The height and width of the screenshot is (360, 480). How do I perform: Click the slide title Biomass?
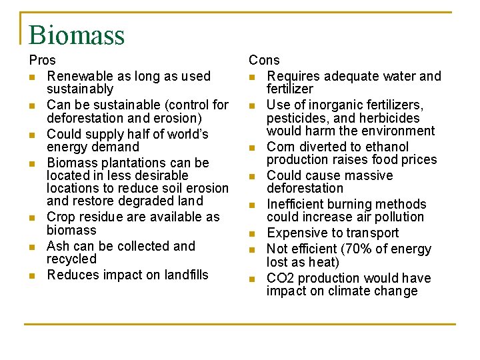[x=77, y=35]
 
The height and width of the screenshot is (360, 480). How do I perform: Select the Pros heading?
[x=43, y=61]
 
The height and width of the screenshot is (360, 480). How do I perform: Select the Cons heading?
[x=264, y=61]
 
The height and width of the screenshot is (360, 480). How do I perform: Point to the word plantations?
[x=132, y=163]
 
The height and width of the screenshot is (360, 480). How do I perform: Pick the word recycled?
[x=71, y=259]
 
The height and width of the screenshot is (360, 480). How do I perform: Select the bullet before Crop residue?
[x=32, y=218]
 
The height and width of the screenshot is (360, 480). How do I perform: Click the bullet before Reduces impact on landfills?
[x=32, y=276]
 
